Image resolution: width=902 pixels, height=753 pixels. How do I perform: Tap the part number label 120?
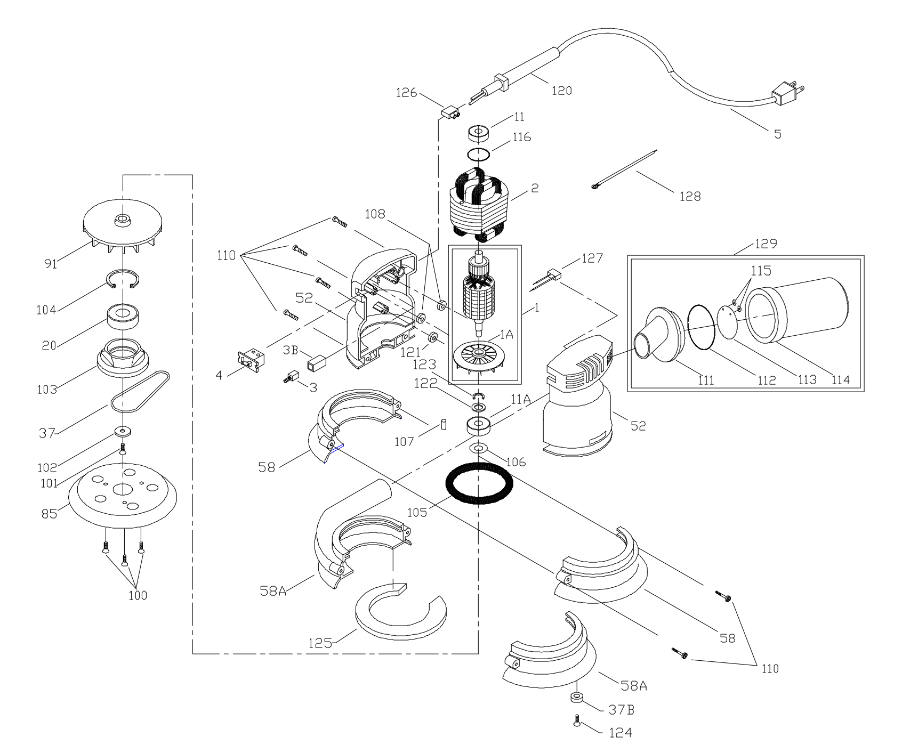(561, 91)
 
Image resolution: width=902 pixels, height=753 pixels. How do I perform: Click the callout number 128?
(690, 196)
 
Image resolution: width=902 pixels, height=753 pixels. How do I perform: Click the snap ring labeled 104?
(123, 279)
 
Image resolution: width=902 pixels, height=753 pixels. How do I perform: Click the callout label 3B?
(291, 350)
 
